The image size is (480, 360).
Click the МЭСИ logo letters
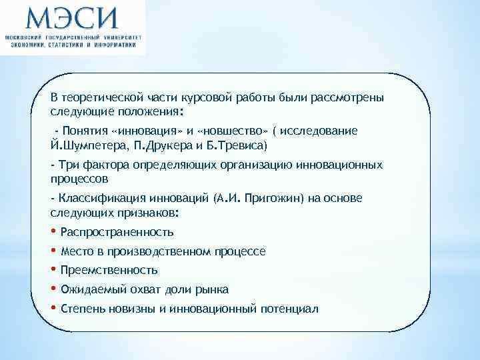point(71,17)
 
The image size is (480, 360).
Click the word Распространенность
point(117,233)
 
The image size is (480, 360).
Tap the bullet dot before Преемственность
point(53,270)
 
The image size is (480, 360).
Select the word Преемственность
point(109,271)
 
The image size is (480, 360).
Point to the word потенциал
point(292,309)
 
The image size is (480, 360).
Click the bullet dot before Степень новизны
point(53,308)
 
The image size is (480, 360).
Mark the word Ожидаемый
point(87,290)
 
